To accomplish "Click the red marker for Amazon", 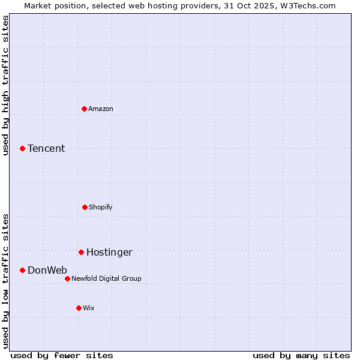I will (84, 109).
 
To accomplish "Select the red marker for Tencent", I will (22, 148).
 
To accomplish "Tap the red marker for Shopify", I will (85, 207).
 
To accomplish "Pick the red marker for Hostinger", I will (81, 252).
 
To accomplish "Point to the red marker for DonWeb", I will (22, 270).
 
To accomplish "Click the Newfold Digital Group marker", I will (67, 278).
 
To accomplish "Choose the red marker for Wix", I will (79, 308).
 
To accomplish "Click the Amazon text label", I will (101, 109).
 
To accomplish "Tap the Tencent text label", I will (46, 148).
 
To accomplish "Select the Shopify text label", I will (101, 207).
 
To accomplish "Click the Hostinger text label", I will (109, 252).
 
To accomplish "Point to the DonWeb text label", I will (47, 270).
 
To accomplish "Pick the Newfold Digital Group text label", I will (107, 278).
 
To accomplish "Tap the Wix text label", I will (89, 308).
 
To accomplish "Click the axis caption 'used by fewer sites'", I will (62, 355).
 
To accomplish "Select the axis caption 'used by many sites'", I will (301, 355).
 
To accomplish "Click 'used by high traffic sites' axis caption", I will (6, 85).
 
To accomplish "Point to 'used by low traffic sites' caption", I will (6, 280).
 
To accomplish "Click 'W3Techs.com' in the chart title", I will (310, 5).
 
